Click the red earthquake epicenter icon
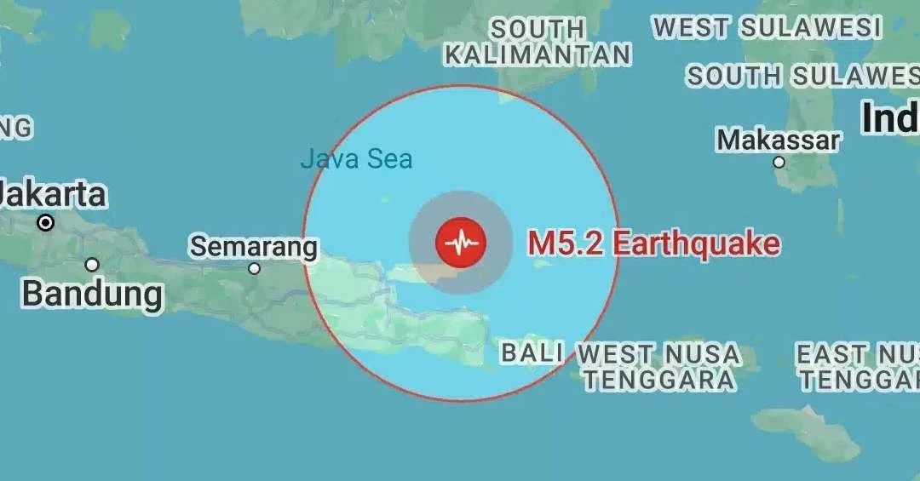[460, 243]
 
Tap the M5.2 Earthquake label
[653, 243]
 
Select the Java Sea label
[356, 158]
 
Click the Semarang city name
[253, 247]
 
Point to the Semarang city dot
[254, 268]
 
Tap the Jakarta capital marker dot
[46, 223]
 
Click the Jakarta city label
[53, 194]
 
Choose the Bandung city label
[92, 294]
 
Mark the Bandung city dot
[92, 265]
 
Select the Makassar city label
[779, 140]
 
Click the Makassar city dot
[779, 162]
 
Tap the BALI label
[532, 352]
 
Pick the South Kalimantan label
[538, 43]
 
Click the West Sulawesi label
[767, 27]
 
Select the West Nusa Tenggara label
[658, 366]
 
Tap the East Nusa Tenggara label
[857, 366]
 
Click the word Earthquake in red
[696, 243]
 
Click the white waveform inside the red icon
[460, 243]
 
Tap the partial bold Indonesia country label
[890, 117]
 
